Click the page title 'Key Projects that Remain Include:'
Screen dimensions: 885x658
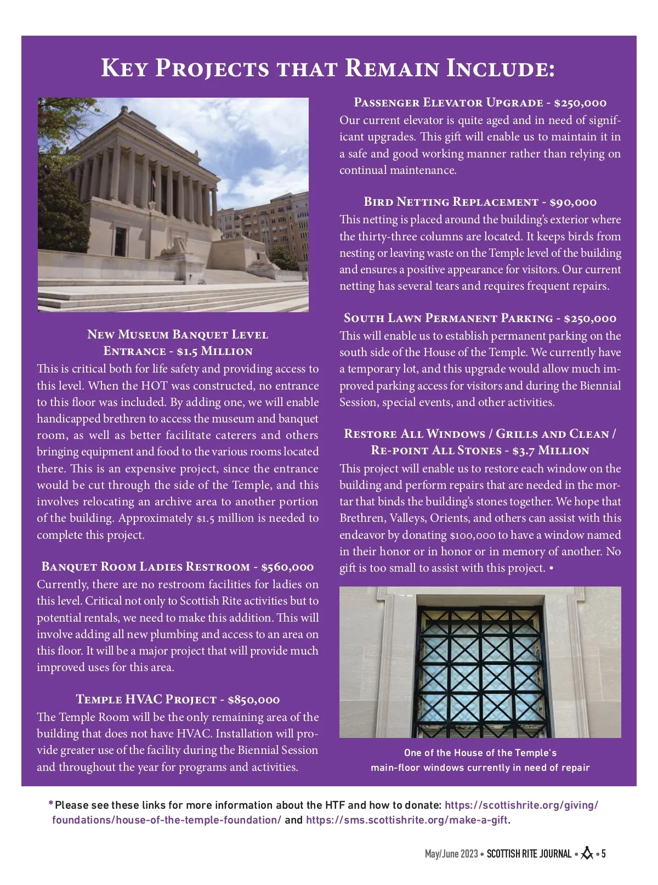click(328, 69)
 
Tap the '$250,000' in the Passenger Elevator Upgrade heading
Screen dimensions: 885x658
click(580, 103)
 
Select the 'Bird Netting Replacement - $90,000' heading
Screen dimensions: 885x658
click(480, 202)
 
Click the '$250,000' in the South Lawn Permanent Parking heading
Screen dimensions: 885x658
click(589, 318)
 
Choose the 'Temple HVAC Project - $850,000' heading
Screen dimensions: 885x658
click(178, 699)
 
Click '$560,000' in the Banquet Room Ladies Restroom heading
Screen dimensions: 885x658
click(287, 567)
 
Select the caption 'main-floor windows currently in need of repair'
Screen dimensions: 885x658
click(480, 768)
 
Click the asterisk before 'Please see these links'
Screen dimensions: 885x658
click(51, 804)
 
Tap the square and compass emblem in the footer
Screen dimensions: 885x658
click(587, 854)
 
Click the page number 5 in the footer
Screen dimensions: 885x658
click(603, 854)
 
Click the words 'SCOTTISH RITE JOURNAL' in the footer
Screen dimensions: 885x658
click(529, 854)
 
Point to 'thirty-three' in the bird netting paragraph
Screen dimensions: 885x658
click(388, 236)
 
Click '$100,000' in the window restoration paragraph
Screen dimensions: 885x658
click(472, 535)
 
